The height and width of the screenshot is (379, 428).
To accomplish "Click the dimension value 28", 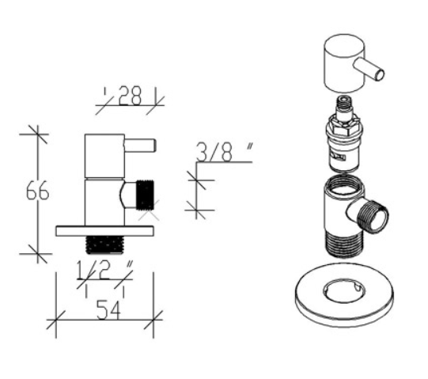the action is click(x=130, y=96).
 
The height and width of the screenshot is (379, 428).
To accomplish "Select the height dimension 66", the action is click(x=38, y=191).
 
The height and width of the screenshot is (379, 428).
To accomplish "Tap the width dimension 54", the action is click(x=108, y=310).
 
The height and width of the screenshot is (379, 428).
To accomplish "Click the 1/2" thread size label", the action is click(x=104, y=271).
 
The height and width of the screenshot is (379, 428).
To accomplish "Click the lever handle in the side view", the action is click(x=140, y=146).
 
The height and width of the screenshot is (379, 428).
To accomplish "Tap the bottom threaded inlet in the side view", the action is click(x=104, y=245).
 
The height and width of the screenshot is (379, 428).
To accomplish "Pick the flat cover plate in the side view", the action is click(x=104, y=231).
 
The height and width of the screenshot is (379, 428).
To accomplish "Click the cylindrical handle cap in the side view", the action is click(x=104, y=156).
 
